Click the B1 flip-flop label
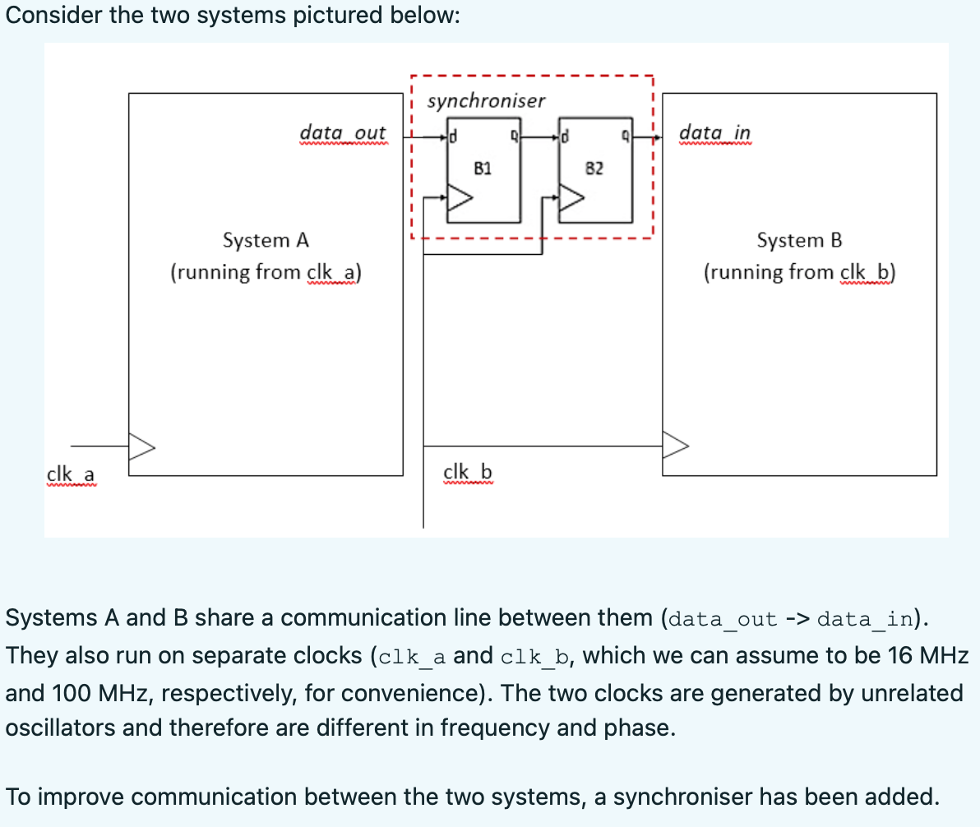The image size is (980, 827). click(483, 169)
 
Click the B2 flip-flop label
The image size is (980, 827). click(594, 169)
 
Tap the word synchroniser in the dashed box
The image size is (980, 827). click(486, 101)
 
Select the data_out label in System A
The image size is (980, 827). click(342, 132)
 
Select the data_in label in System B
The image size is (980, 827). click(714, 132)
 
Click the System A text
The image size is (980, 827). click(266, 241)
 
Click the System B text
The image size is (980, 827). click(799, 241)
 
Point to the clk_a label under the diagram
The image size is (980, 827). click(71, 474)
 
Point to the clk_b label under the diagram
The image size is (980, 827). click(467, 472)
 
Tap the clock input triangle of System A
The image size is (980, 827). click(141, 446)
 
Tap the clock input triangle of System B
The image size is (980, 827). click(676, 446)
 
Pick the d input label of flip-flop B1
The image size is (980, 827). click(453, 135)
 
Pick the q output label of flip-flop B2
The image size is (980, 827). click(626, 135)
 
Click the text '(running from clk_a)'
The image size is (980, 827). click(266, 272)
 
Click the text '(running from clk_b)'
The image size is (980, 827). click(799, 272)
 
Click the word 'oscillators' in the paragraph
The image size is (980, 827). click(57, 728)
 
